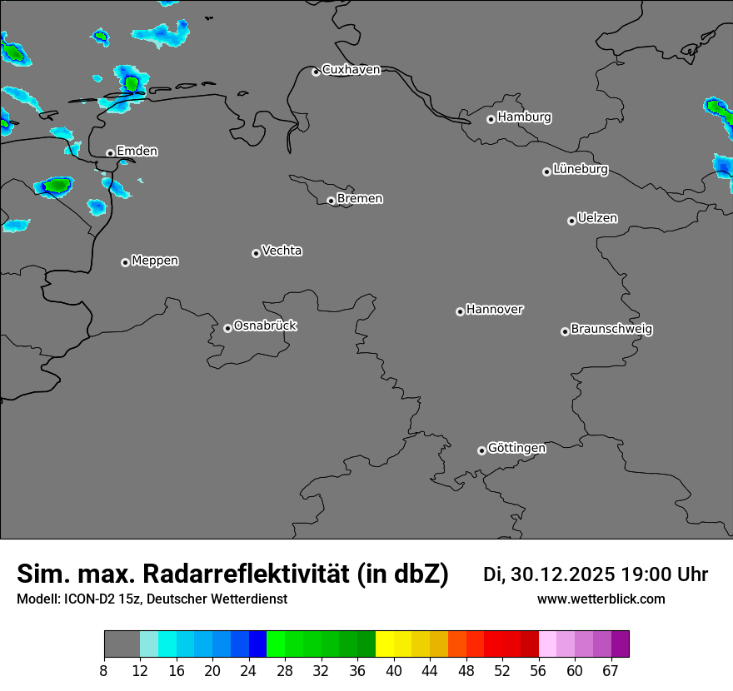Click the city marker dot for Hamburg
pyautogui.click(x=491, y=119)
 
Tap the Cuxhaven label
pyautogui.click(x=351, y=70)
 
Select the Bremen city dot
pyautogui.click(x=331, y=201)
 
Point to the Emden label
pyautogui.click(x=137, y=152)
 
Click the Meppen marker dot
pyautogui.click(x=125, y=262)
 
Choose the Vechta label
pyautogui.click(x=282, y=251)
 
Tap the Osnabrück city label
pyautogui.click(x=265, y=326)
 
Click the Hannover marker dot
pyautogui.click(x=460, y=311)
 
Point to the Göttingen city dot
pyautogui.click(x=481, y=450)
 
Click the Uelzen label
pyautogui.click(x=597, y=218)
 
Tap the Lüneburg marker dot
pyautogui.click(x=546, y=172)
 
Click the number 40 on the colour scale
pyautogui.click(x=394, y=670)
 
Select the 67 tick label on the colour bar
pyautogui.click(x=611, y=670)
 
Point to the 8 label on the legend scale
pyautogui.click(x=104, y=670)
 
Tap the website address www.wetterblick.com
pyautogui.click(x=601, y=599)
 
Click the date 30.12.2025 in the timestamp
pyautogui.click(x=562, y=574)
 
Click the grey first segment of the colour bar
pyautogui.click(x=122, y=644)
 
